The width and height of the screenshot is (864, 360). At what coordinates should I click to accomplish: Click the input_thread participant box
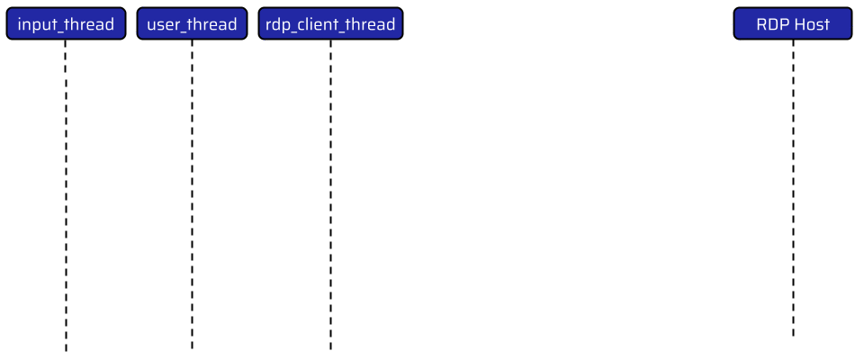point(66,23)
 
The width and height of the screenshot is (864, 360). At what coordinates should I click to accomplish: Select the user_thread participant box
point(192,23)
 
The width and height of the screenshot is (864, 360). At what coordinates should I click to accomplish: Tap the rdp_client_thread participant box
point(330,23)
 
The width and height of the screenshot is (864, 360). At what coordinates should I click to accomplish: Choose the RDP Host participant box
point(793,23)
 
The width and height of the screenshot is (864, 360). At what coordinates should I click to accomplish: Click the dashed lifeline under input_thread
point(66,195)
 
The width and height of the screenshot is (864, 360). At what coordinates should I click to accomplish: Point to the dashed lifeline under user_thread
point(192,194)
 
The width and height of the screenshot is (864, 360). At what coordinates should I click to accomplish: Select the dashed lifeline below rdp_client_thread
point(330,195)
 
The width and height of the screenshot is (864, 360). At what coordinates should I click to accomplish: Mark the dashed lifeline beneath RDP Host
point(793,188)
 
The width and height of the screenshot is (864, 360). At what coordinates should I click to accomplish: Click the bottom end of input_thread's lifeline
point(66,352)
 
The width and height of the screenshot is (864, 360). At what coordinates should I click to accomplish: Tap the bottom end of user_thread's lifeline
point(192,349)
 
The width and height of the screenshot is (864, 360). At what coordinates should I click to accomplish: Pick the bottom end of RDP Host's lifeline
point(793,337)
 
